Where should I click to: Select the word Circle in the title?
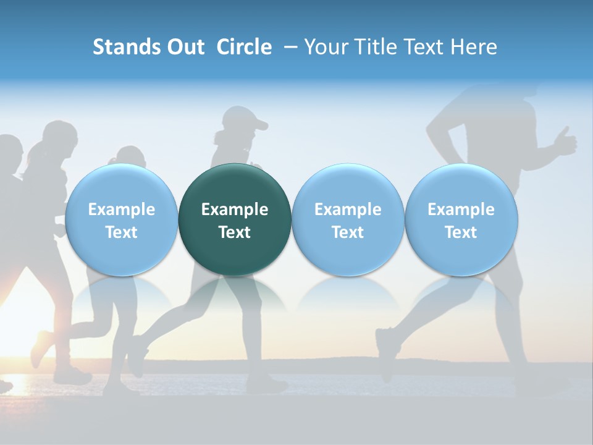pyautogui.click(x=244, y=47)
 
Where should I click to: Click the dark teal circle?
pyautogui.click(x=235, y=219)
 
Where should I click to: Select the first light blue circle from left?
pyautogui.click(x=122, y=219)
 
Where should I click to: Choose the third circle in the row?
pyautogui.click(x=348, y=219)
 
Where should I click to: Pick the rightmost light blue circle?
pyautogui.click(x=461, y=219)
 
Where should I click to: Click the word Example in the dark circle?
pyautogui.click(x=235, y=210)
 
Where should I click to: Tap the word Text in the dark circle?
pyautogui.click(x=235, y=232)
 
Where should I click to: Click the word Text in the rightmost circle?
pyautogui.click(x=461, y=232)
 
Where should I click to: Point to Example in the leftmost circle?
pyautogui.click(x=122, y=210)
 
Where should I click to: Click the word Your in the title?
pyautogui.click(x=324, y=47)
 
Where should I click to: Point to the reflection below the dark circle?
pyautogui.click(x=235, y=297)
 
